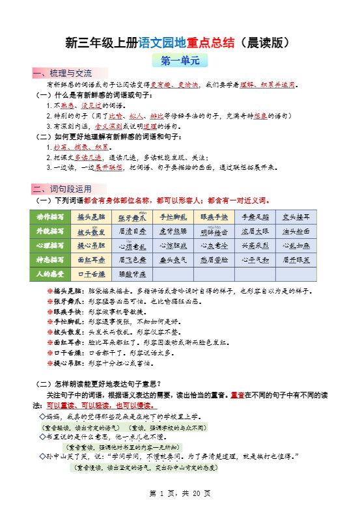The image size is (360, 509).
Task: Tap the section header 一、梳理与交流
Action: tap(62, 73)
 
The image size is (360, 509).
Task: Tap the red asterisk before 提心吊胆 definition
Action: tap(50, 363)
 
